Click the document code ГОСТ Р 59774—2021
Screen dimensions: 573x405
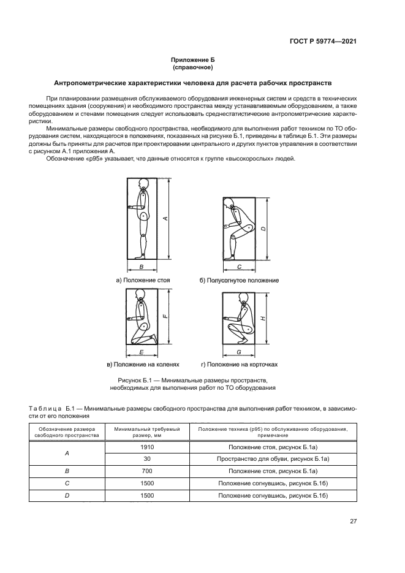(322, 41)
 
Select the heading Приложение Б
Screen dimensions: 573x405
(202, 60)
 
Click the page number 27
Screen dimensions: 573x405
(353, 522)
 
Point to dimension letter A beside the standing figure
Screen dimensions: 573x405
(166, 219)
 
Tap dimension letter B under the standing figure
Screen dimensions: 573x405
(142, 268)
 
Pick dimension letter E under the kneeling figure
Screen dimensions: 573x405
(142, 353)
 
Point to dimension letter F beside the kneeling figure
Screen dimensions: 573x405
(166, 316)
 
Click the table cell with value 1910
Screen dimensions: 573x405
(147, 448)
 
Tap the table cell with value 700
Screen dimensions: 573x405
(147, 471)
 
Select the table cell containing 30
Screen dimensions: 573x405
(147, 459)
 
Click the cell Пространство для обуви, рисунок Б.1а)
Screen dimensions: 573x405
(273, 459)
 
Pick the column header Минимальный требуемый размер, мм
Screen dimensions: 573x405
(147, 432)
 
